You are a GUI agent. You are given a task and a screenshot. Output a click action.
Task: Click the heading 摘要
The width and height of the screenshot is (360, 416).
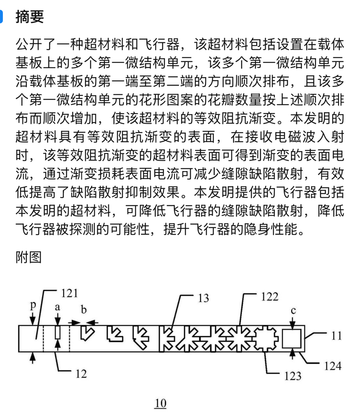pyautogui.click(x=29, y=17)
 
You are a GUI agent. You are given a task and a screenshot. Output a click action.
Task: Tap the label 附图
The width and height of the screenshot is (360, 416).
pyautogui.click(x=28, y=257)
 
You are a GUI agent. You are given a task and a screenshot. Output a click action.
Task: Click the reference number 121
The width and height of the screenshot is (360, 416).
pyautogui.click(x=69, y=293)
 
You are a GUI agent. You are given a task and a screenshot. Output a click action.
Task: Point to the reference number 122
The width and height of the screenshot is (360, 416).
pyautogui.click(x=269, y=297)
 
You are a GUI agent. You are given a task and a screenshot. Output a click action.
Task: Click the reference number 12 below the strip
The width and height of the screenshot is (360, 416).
pyautogui.click(x=81, y=373)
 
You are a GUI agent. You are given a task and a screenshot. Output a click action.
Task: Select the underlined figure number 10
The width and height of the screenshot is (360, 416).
pyautogui.click(x=160, y=403)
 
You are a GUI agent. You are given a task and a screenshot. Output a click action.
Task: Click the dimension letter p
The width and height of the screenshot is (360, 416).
pyautogui.click(x=33, y=306)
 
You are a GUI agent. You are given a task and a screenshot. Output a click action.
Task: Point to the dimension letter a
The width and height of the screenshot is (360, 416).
pyautogui.click(x=58, y=308)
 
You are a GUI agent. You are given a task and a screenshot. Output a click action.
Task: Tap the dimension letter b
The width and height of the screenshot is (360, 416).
pyautogui.click(x=84, y=310)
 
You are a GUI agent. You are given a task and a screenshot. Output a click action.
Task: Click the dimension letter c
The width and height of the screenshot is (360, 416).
pyautogui.click(x=293, y=311)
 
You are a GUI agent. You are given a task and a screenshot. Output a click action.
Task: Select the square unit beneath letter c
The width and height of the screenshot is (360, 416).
pyautogui.click(x=292, y=338)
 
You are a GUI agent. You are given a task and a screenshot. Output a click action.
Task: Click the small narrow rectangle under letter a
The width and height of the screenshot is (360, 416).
pyautogui.click(x=58, y=334)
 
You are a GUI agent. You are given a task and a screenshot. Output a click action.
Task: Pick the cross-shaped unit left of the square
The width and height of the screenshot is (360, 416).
pyautogui.click(x=267, y=338)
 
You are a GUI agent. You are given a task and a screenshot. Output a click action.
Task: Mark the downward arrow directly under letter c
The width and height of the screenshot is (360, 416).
pyautogui.click(x=293, y=322)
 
